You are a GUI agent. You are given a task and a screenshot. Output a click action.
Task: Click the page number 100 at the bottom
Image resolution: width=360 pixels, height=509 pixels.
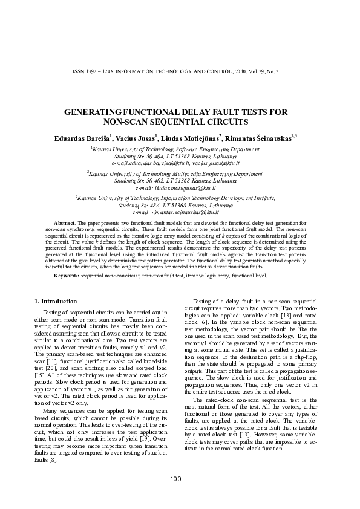(175, 479)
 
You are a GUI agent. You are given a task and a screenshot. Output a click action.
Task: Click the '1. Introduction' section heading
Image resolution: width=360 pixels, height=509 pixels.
(55, 301)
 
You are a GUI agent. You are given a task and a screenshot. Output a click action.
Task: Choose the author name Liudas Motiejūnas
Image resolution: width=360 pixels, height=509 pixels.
(191, 137)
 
